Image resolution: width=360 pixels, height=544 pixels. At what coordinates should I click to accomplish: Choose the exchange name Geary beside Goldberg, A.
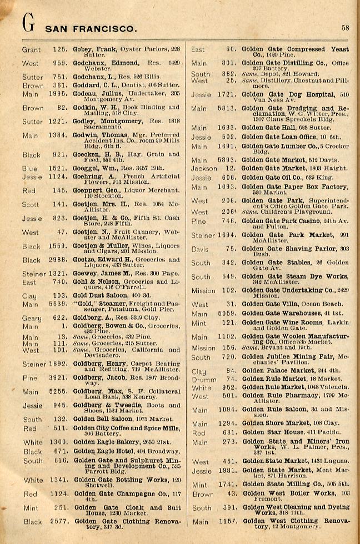pos(32,318)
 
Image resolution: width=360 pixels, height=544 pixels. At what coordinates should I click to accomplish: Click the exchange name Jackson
pos(204,168)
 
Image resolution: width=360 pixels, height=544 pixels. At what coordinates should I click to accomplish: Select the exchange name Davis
pos(201,249)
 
